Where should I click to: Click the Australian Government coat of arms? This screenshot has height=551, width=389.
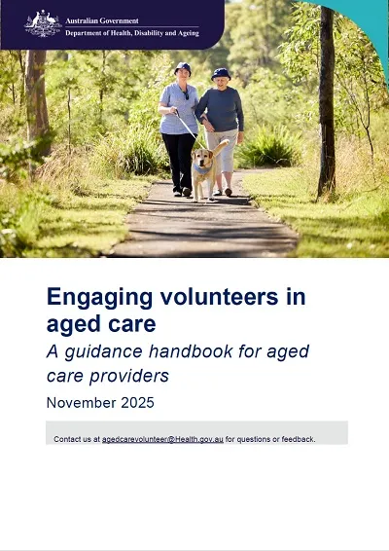[42, 23]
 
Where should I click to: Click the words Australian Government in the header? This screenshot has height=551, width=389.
[101, 19]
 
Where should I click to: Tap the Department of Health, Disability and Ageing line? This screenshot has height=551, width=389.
[131, 32]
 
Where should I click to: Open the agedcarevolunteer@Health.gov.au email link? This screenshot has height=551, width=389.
[162, 439]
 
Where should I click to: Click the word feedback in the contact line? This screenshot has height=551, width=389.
[297, 439]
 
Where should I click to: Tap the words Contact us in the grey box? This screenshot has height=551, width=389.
[73, 439]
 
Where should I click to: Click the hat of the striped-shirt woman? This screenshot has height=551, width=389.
[182, 68]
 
